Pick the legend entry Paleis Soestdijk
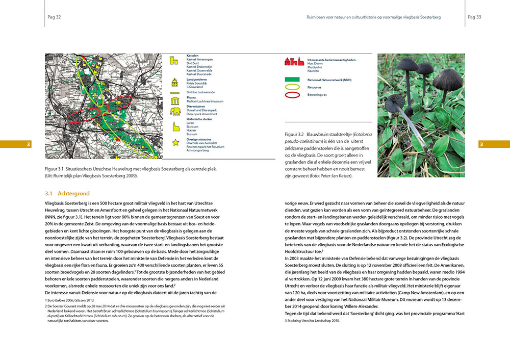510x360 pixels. click(197, 84)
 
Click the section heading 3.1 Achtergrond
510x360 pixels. click(67, 194)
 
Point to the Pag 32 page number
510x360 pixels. click(54, 17)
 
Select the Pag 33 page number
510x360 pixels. click(474, 17)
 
